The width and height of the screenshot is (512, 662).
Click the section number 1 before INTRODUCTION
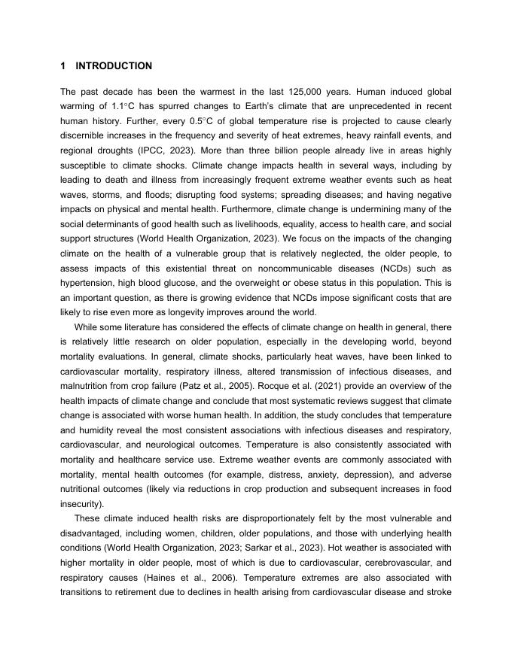coord(63,66)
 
